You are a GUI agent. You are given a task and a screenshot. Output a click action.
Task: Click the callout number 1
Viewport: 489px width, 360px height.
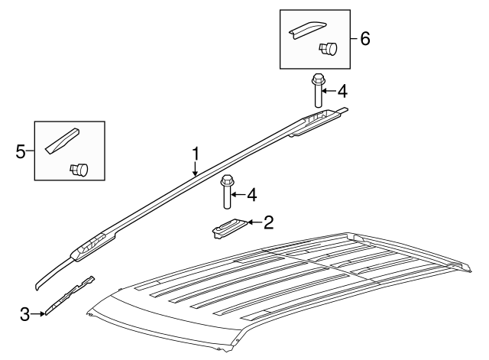pyautogui.click(x=196, y=154)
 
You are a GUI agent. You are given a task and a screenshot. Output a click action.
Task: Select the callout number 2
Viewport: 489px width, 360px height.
pyautogui.click(x=267, y=223)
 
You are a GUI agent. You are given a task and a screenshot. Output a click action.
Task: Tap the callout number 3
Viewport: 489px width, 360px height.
pyautogui.click(x=24, y=313)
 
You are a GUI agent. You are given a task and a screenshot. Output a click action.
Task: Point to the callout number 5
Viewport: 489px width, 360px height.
pyautogui.click(x=21, y=151)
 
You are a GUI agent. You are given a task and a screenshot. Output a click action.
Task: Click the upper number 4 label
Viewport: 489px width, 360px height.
pyautogui.click(x=342, y=92)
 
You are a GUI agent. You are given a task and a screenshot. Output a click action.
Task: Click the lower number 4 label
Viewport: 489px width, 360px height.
pyautogui.click(x=251, y=195)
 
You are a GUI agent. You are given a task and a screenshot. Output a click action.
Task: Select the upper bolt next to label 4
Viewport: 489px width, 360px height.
pyautogui.click(x=317, y=90)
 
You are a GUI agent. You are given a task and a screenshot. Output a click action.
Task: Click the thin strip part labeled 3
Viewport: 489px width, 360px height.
pyautogui.click(x=70, y=295)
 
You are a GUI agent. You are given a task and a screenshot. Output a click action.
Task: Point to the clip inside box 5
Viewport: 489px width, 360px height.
pyautogui.click(x=79, y=168)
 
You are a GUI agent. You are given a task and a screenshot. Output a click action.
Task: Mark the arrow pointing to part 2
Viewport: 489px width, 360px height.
pyautogui.click(x=253, y=223)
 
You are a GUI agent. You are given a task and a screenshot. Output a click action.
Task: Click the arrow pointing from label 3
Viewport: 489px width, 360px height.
pyautogui.click(x=37, y=313)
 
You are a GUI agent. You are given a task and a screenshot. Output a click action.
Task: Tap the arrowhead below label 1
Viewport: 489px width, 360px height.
pyautogui.click(x=196, y=174)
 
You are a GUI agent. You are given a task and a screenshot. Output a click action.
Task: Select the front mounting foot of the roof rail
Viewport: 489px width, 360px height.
pyautogui.click(x=92, y=246)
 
